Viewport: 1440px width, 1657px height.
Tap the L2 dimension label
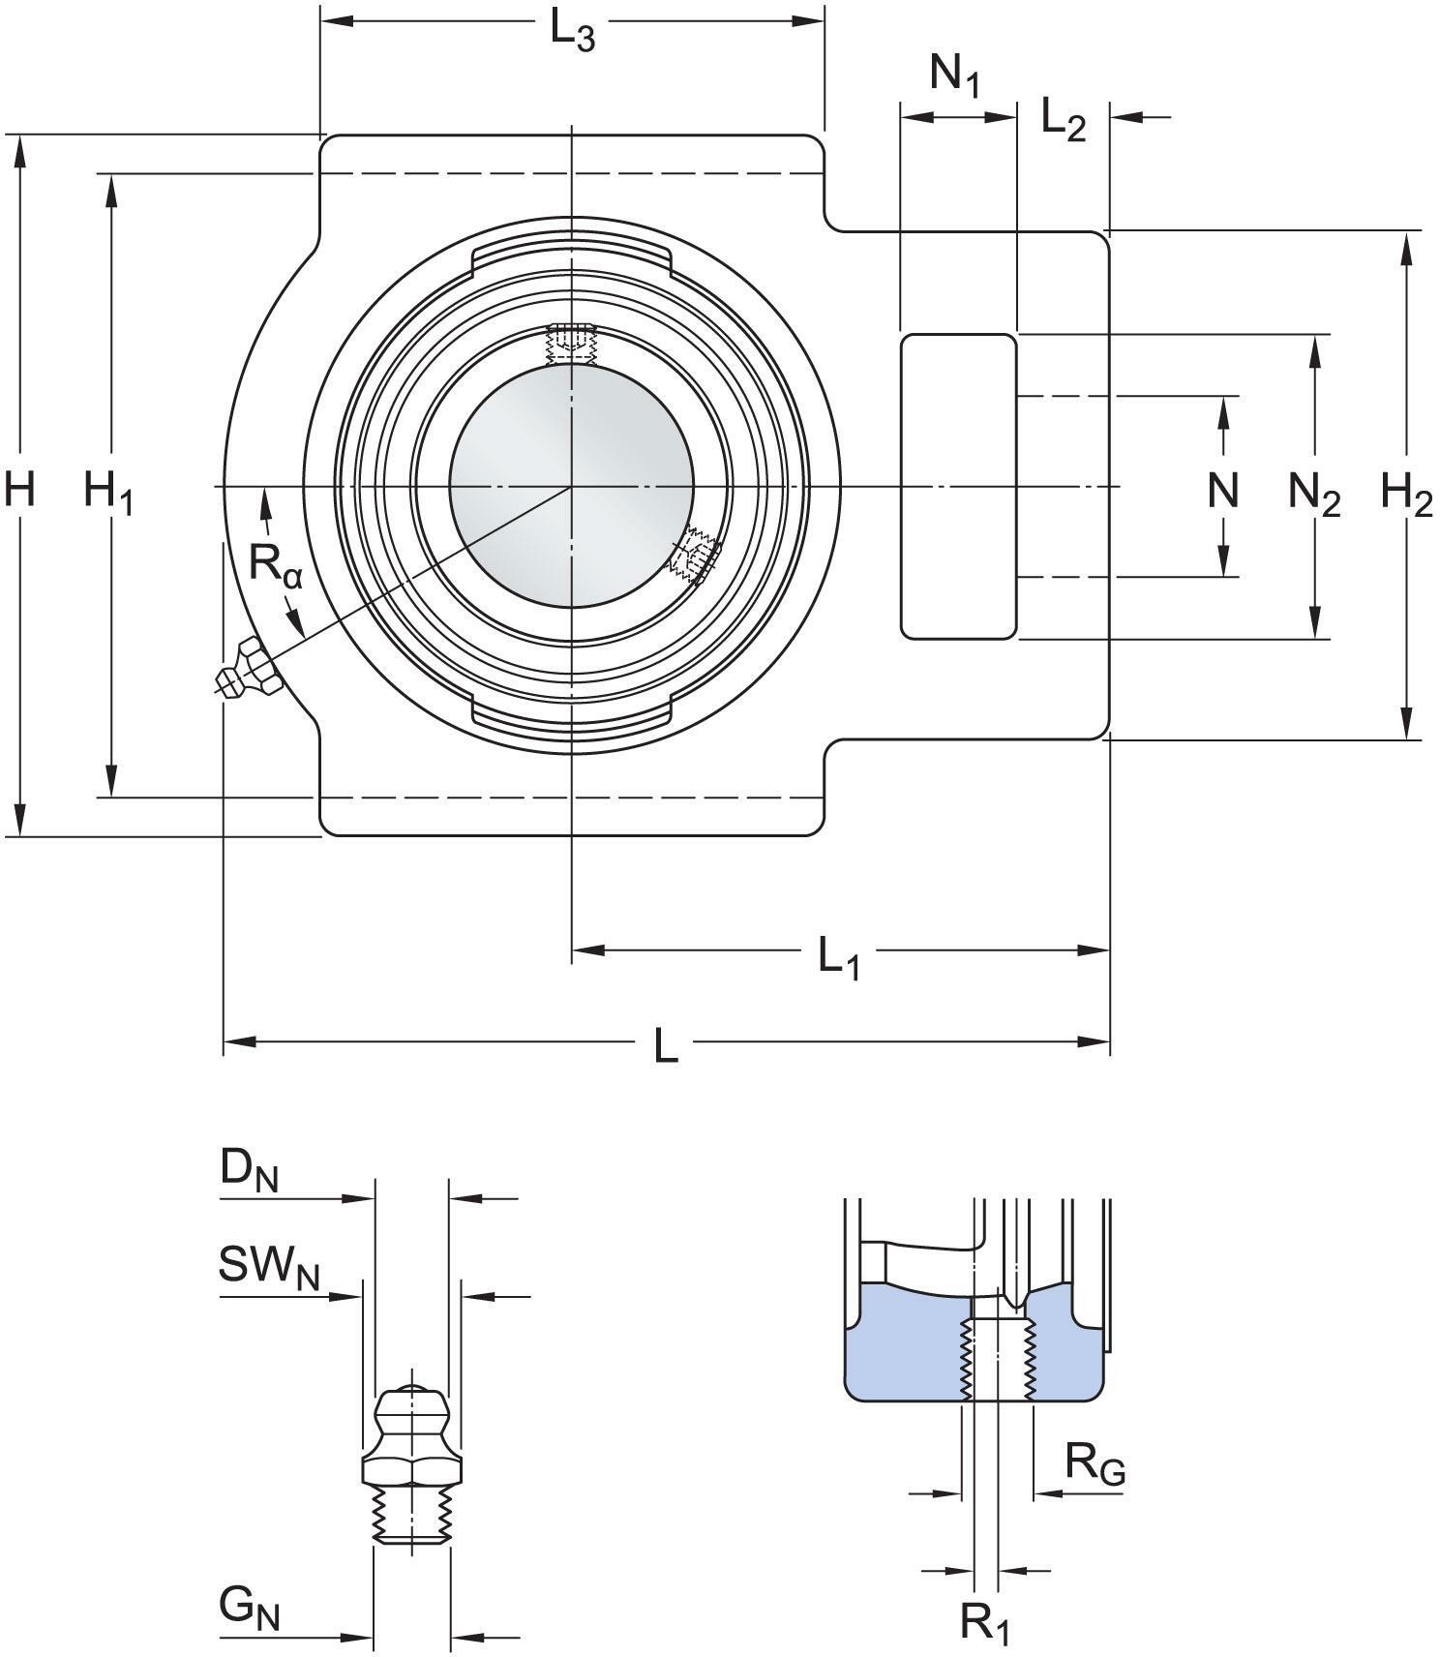(1064, 120)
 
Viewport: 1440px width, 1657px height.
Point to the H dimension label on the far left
(19, 488)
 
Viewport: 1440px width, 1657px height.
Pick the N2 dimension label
(1313, 495)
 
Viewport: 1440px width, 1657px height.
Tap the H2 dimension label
(1405, 495)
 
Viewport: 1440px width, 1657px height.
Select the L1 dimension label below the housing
(838, 959)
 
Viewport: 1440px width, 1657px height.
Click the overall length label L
(665, 1045)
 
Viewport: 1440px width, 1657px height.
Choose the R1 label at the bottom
(984, 1622)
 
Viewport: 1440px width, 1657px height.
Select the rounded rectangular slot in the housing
(958, 487)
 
